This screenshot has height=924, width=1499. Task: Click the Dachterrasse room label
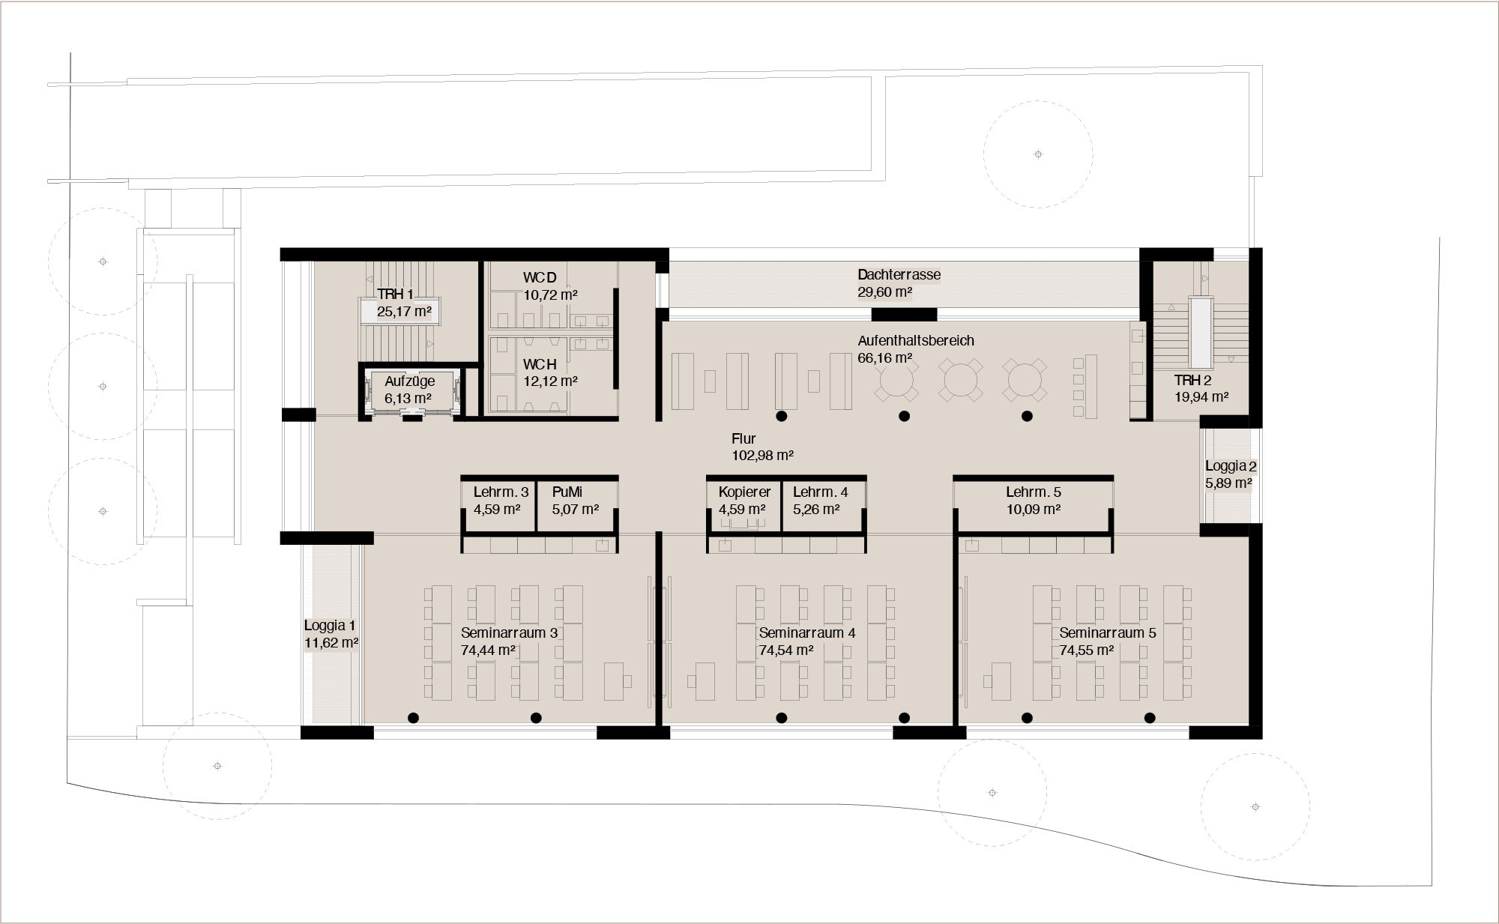point(899,275)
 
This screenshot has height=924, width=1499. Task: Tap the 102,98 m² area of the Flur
point(762,456)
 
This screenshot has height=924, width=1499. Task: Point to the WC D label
point(540,278)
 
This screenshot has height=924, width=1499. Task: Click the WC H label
point(540,365)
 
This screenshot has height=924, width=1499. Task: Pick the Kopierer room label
point(744,492)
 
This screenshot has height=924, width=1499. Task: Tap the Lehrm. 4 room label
point(820,492)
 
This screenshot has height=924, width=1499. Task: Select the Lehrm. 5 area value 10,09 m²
point(1033,510)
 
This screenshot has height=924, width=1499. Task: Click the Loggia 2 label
point(1231,466)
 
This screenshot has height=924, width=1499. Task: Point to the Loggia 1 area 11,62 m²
point(331,643)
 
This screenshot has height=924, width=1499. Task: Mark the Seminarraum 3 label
point(509,633)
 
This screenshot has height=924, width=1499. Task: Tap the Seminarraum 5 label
point(1108,633)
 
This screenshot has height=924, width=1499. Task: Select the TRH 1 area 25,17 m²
point(404,311)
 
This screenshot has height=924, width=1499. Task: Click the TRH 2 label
point(1192,381)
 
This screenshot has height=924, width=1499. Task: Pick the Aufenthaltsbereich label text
point(916,341)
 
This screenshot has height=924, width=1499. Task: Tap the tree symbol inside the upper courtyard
point(1038,154)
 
